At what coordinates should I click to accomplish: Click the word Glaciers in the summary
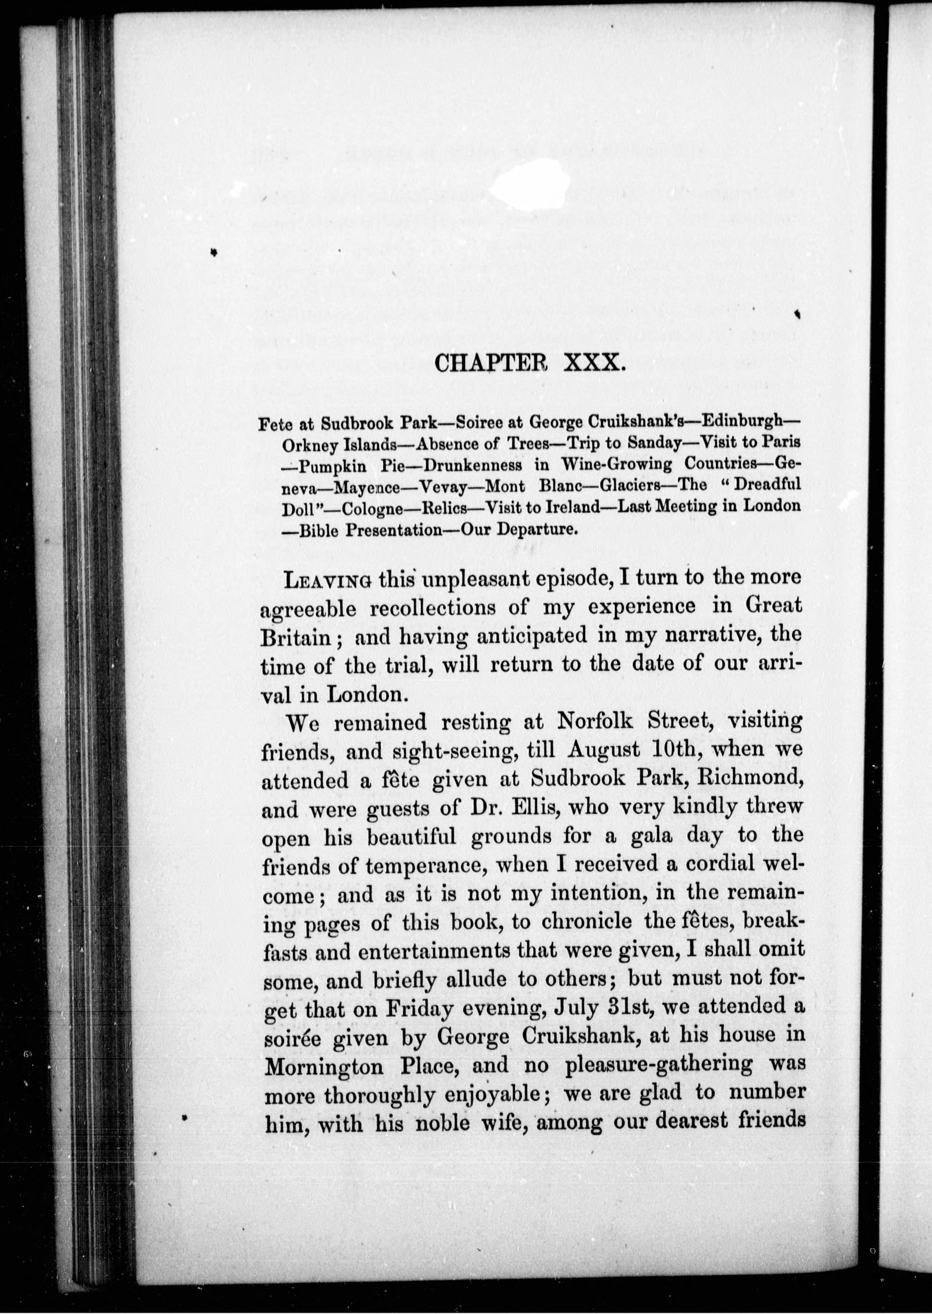pyautogui.click(x=632, y=485)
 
